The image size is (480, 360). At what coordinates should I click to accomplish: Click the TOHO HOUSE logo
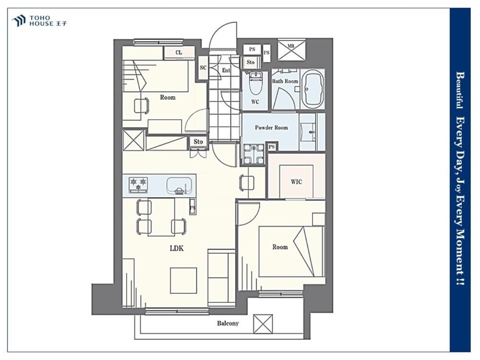(x=39, y=21)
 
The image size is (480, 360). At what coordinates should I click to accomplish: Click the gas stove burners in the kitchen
(x=138, y=185)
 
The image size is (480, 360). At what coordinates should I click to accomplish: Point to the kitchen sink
(x=180, y=186)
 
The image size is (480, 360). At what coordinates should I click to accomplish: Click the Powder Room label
(x=272, y=127)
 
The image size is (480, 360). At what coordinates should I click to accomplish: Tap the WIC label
(x=296, y=182)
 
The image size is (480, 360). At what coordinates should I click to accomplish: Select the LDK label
(x=177, y=248)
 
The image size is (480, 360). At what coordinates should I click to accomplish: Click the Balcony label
(x=228, y=323)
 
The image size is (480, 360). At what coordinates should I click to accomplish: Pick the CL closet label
(x=179, y=52)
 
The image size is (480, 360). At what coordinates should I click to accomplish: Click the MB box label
(x=291, y=46)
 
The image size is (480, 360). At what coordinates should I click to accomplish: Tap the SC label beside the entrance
(x=203, y=68)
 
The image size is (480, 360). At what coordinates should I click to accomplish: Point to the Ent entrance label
(x=226, y=71)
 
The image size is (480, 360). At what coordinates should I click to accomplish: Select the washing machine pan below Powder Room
(x=253, y=154)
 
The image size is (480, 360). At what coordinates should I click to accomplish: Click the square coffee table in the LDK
(x=183, y=280)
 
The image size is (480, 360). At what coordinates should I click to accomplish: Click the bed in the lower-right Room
(x=291, y=252)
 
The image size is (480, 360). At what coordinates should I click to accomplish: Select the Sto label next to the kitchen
(x=198, y=142)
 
